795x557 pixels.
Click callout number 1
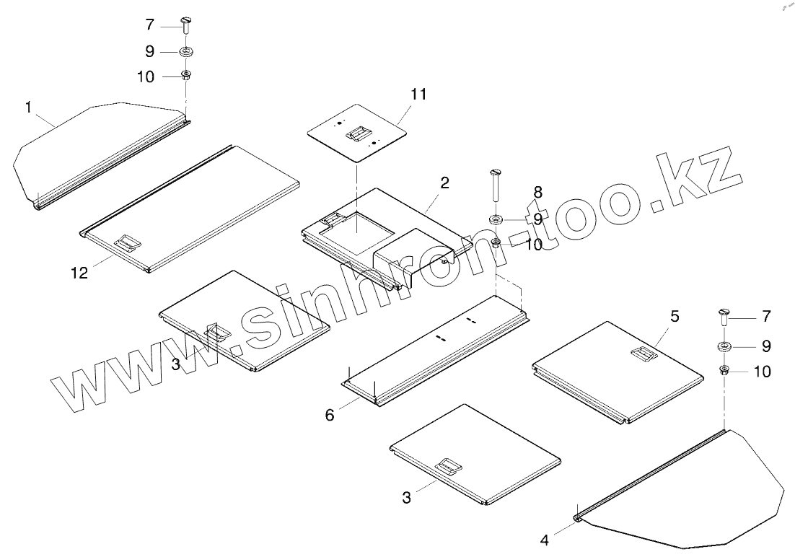tap(28, 108)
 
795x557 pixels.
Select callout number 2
tap(445, 183)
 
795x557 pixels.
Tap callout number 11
tap(419, 94)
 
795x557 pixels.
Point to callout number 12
tap(79, 272)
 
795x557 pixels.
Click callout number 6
tap(330, 415)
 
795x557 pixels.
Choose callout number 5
tap(675, 316)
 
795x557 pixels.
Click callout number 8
tap(537, 192)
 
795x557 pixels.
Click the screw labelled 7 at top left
tap(185, 27)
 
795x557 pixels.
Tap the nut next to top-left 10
tap(185, 74)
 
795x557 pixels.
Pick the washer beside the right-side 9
tap(725, 346)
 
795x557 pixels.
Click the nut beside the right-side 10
tap(724, 371)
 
